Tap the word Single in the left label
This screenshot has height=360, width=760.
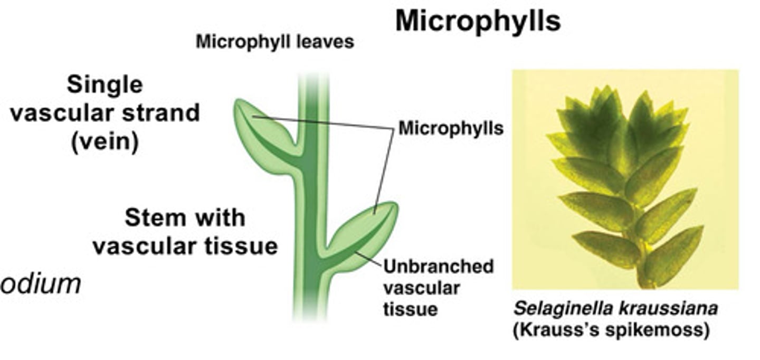(104, 85)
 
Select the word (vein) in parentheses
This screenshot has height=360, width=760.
(104, 143)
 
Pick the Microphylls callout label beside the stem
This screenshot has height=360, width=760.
(450, 128)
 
